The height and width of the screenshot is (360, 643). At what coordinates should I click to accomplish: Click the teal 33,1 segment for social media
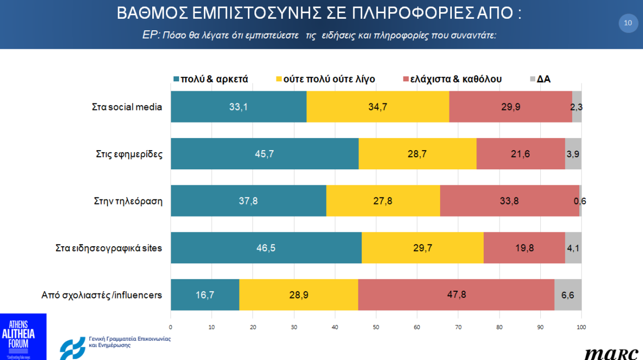click(239, 107)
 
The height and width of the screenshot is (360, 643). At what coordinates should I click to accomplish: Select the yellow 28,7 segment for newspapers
click(417, 154)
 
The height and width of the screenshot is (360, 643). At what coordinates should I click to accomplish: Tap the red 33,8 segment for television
click(509, 201)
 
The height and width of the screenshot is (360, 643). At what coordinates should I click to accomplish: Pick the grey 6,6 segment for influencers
click(568, 295)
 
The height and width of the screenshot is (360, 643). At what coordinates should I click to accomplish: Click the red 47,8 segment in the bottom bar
click(456, 295)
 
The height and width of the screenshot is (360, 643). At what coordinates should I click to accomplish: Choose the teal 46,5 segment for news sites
click(266, 248)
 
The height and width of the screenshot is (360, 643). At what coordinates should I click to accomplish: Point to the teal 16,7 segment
click(205, 295)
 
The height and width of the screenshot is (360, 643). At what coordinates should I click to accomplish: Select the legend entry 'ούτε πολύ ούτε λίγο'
click(325, 79)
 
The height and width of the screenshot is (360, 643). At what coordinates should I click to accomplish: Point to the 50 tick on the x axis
click(376, 327)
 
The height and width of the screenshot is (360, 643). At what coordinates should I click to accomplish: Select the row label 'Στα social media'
click(127, 107)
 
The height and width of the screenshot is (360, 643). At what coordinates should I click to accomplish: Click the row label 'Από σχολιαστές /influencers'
click(102, 295)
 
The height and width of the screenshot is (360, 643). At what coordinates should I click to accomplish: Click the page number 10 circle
click(628, 23)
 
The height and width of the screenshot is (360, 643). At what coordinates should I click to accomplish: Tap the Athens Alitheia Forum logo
click(23, 336)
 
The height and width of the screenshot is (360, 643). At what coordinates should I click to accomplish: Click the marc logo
click(611, 353)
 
